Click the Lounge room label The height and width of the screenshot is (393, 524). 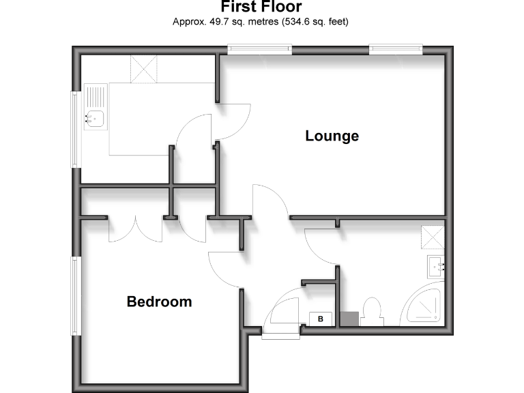(x=332, y=136)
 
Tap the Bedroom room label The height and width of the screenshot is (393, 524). (x=159, y=301)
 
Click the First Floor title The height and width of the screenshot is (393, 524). (x=261, y=8)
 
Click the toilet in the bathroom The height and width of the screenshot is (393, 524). (x=373, y=311)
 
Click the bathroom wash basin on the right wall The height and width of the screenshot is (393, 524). (x=437, y=267)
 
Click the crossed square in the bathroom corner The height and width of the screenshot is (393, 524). (x=433, y=237)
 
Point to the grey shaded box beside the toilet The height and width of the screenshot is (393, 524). (x=349, y=319)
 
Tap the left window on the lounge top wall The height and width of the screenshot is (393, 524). (x=260, y=48)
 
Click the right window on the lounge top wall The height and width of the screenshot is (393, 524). (x=396, y=48)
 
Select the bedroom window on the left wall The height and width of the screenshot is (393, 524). (x=77, y=296)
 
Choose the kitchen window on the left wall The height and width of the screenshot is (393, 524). (x=76, y=129)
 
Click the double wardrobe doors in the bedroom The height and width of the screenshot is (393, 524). (x=135, y=230)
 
